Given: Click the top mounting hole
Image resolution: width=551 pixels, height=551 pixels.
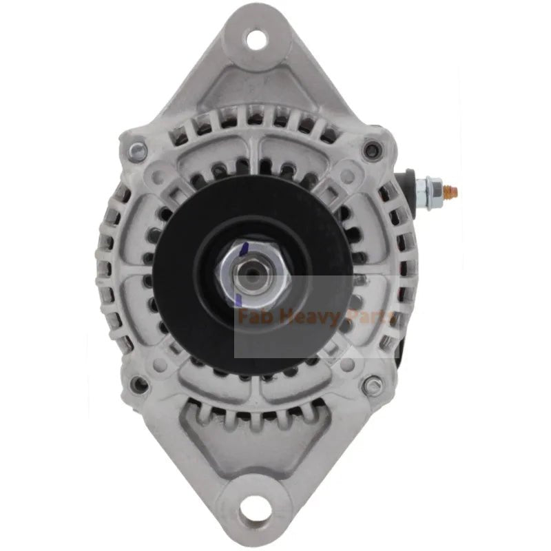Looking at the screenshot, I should pos(256,39).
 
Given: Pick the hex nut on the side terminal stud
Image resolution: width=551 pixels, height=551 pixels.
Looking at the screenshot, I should pos(432,188).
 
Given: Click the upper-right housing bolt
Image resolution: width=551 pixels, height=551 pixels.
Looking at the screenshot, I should pos(373,147).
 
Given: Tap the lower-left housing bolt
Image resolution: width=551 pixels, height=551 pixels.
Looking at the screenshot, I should pos(139,383).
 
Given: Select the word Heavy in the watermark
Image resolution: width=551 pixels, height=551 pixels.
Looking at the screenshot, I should pos(306,319).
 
